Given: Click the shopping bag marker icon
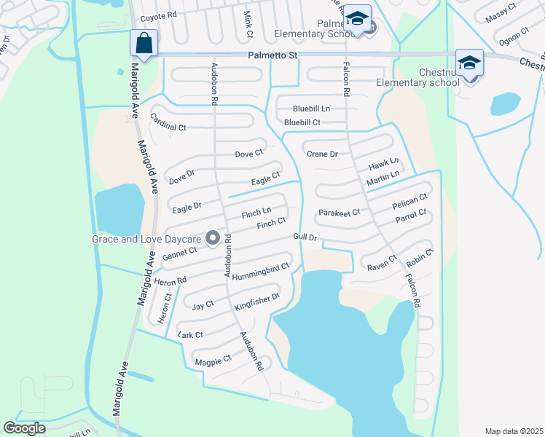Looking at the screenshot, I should [x=144, y=43].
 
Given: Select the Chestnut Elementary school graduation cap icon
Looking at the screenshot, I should [x=470, y=63].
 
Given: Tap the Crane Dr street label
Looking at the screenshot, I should [x=322, y=154].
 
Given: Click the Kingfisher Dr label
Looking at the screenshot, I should [x=257, y=302].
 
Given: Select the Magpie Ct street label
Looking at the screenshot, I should [x=213, y=358].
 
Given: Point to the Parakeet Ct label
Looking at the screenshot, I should [x=340, y=213].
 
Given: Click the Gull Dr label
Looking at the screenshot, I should [x=305, y=237].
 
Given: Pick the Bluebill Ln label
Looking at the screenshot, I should [x=311, y=109].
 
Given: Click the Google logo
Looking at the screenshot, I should [x=24, y=428].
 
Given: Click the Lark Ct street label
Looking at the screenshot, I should [x=190, y=334].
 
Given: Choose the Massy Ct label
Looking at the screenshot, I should [x=502, y=12].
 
